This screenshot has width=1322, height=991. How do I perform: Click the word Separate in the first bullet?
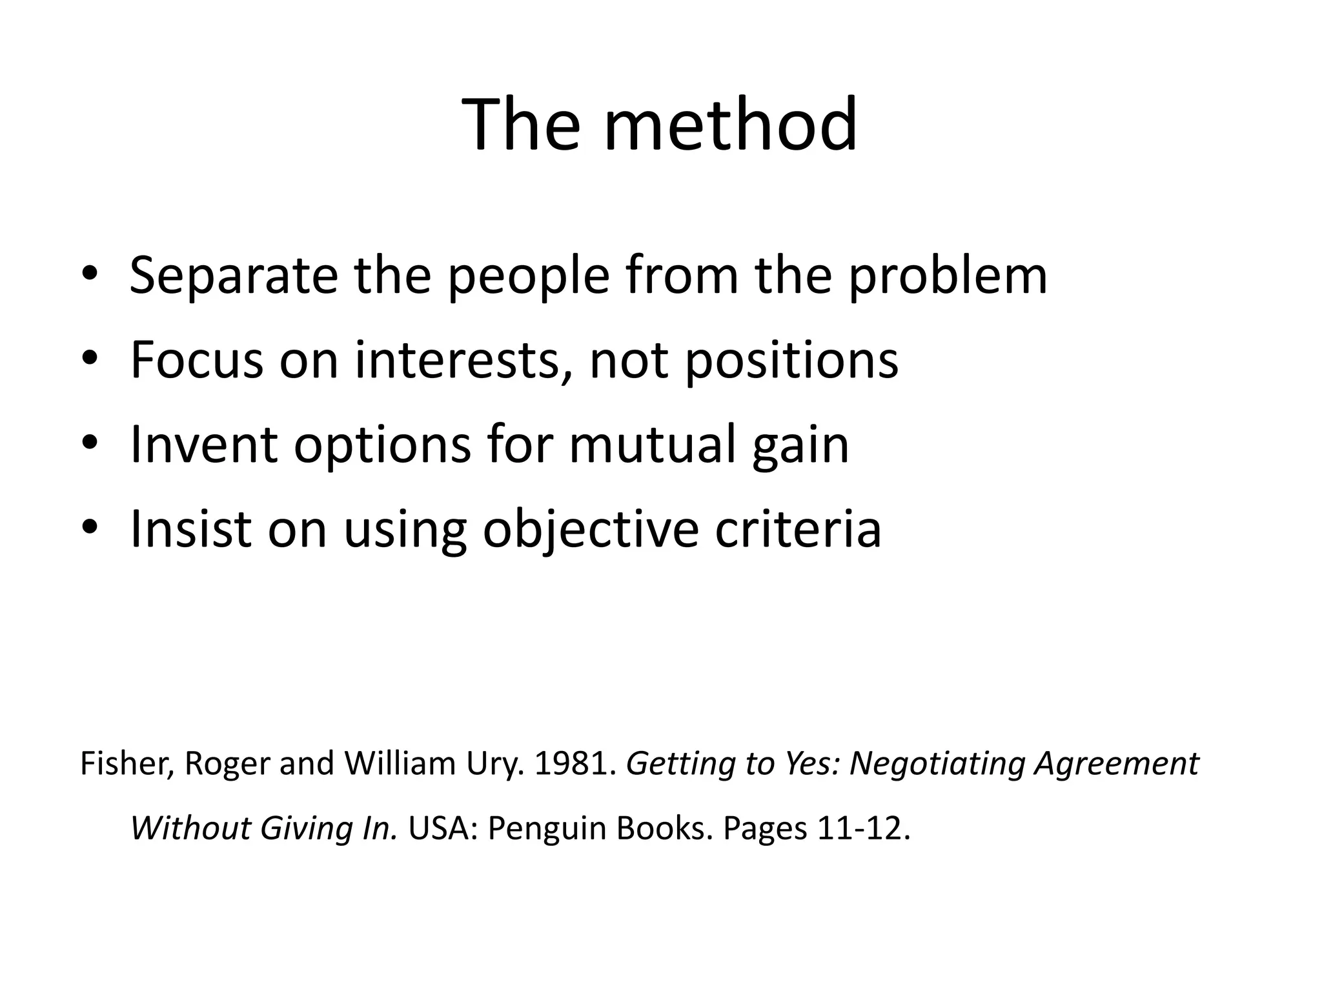234,275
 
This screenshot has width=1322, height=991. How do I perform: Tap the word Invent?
204,445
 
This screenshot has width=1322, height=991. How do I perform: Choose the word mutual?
653,445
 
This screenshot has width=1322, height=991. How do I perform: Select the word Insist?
190,529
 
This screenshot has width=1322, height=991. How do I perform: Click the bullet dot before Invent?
90,444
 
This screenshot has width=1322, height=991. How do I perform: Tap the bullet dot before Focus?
90,359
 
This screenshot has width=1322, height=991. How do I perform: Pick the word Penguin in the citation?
547,829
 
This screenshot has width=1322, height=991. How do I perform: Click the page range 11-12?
863,828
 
